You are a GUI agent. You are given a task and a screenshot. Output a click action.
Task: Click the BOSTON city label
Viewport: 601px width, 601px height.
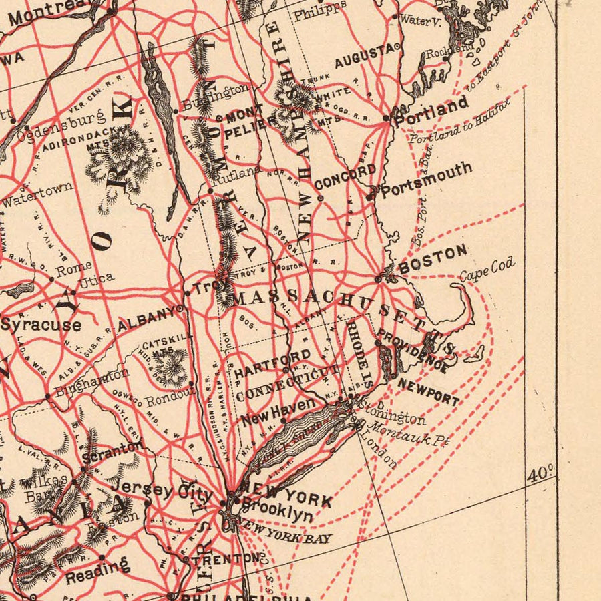pos(433,259)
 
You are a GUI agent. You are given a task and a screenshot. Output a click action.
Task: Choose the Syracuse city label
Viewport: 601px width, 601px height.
pos(41,325)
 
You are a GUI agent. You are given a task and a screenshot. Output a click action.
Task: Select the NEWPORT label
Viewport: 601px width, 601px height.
pos(428,392)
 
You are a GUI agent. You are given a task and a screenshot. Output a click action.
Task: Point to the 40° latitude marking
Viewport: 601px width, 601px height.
pos(540,475)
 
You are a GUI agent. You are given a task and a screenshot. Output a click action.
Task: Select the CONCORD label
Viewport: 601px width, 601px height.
pos(345,176)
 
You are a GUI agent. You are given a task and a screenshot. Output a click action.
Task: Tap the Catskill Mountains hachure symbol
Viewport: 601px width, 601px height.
pos(170,367)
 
